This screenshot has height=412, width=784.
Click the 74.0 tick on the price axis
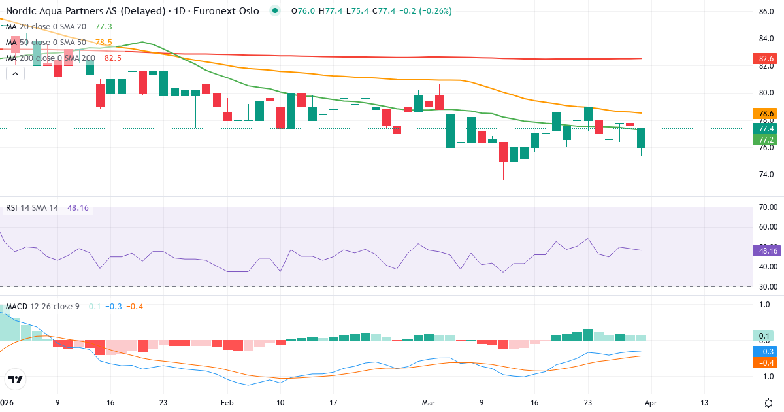click(x=766, y=175)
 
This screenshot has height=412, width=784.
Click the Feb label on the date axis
click(x=227, y=402)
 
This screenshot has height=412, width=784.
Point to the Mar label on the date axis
click(x=429, y=402)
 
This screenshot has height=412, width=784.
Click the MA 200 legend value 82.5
click(x=113, y=58)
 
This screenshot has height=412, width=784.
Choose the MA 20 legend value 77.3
click(x=104, y=27)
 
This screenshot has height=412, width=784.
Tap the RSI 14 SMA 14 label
click(x=32, y=208)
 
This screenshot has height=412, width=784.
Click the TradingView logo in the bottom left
click(x=16, y=379)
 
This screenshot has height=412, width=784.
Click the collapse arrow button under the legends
click(x=15, y=74)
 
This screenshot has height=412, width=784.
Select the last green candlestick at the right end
click(x=642, y=138)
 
